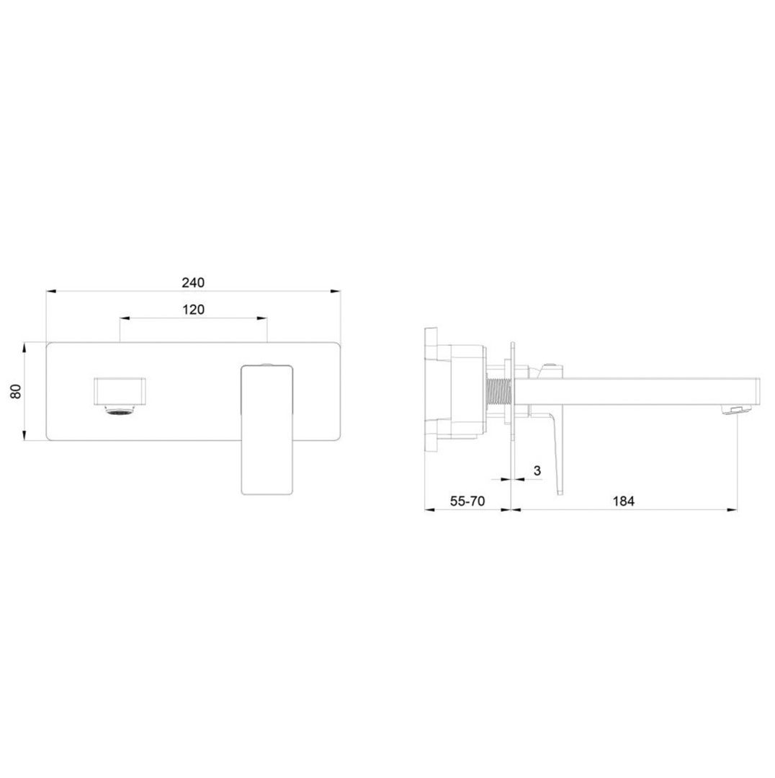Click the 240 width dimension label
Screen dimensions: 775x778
coord(193,283)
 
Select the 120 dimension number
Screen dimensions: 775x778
coord(193,310)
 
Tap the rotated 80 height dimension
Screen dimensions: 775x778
coord(17,391)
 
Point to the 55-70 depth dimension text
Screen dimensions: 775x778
coord(467,501)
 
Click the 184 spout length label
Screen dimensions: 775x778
coord(623,501)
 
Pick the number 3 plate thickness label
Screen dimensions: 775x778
coord(537,471)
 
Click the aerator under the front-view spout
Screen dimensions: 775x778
coord(119,410)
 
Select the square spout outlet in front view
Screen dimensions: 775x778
coord(120,391)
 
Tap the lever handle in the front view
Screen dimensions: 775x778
coord(267,429)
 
